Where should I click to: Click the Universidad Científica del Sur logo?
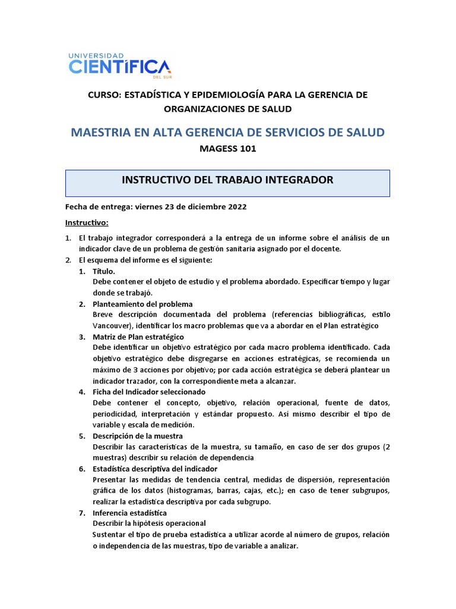tap(119, 64)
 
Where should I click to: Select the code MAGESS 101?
tap(227, 149)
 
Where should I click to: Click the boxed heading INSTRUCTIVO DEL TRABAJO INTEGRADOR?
tap(227, 180)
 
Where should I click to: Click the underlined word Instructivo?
tap(87, 222)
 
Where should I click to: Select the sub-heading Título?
tap(104, 271)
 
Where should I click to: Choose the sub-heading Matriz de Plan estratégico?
tap(138, 337)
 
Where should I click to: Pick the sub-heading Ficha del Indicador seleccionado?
tap(149, 392)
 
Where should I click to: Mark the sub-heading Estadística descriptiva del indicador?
tap(155, 469)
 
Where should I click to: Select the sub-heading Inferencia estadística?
tap(130, 513)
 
